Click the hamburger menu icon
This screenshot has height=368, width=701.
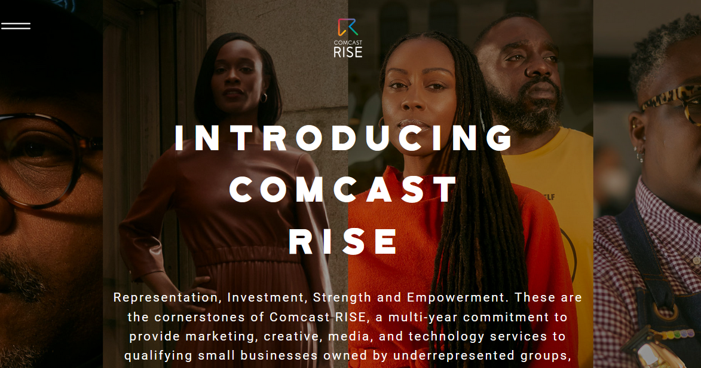click(16, 26)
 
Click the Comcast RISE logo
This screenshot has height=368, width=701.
click(348, 38)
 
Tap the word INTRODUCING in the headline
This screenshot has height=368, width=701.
click(345, 137)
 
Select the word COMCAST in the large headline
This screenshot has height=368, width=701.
click(345, 189)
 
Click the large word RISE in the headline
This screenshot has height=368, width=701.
click(344, 241)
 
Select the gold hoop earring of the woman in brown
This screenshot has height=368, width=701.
click(264, 98)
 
